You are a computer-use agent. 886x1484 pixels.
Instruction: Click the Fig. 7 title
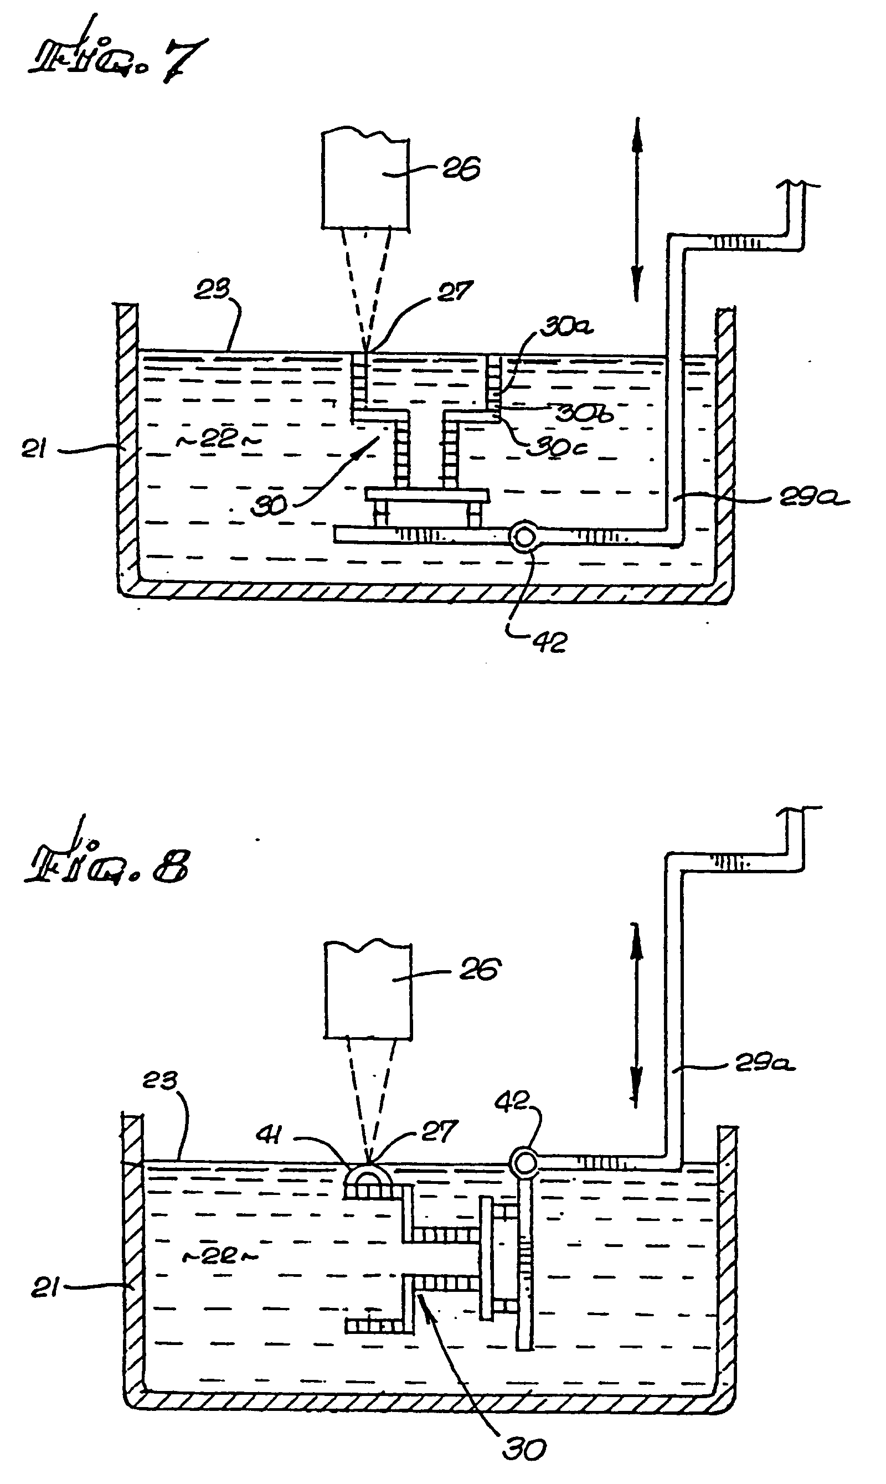116,60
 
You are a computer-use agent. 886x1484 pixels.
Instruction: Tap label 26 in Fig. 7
461,169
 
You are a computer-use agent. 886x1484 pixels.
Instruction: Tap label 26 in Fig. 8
480,970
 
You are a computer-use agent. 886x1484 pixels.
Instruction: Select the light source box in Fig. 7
365,182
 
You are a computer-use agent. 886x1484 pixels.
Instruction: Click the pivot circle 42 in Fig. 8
525,1162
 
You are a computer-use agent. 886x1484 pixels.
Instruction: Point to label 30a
566,328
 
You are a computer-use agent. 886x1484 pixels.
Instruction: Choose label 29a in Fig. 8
764,1063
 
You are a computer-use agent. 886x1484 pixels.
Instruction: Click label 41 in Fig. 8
269,1134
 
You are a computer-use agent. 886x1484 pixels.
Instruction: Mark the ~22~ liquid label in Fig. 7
217,440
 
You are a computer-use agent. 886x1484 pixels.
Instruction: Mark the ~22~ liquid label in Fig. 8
219,1255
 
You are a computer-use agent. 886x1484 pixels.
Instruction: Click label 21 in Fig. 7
34,449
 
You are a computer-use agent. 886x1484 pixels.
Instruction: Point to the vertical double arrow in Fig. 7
637,209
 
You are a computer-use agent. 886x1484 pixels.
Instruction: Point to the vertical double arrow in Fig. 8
636,1015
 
